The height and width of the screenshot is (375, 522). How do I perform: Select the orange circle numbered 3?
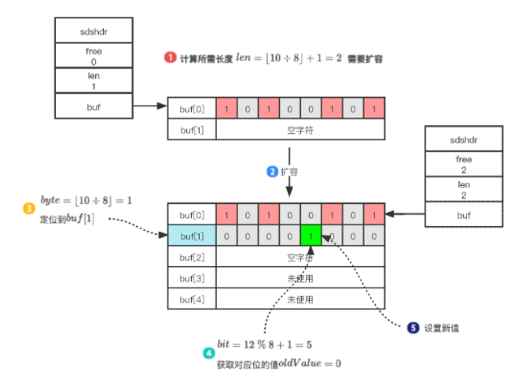[28, 208]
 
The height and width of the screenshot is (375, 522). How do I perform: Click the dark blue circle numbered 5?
[414, 328]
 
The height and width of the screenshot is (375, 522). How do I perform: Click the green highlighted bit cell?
[312, 236]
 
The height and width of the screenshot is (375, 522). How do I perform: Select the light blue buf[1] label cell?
[192, 236]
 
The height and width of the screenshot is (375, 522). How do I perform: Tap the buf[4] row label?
[192, 299]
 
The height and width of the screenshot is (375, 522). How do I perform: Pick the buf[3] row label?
[192, 278]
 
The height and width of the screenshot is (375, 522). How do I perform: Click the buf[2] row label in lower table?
[192, 257]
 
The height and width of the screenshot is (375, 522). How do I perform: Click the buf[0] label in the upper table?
[192, 108]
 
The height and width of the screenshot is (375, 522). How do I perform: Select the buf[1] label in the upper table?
[192, 128]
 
